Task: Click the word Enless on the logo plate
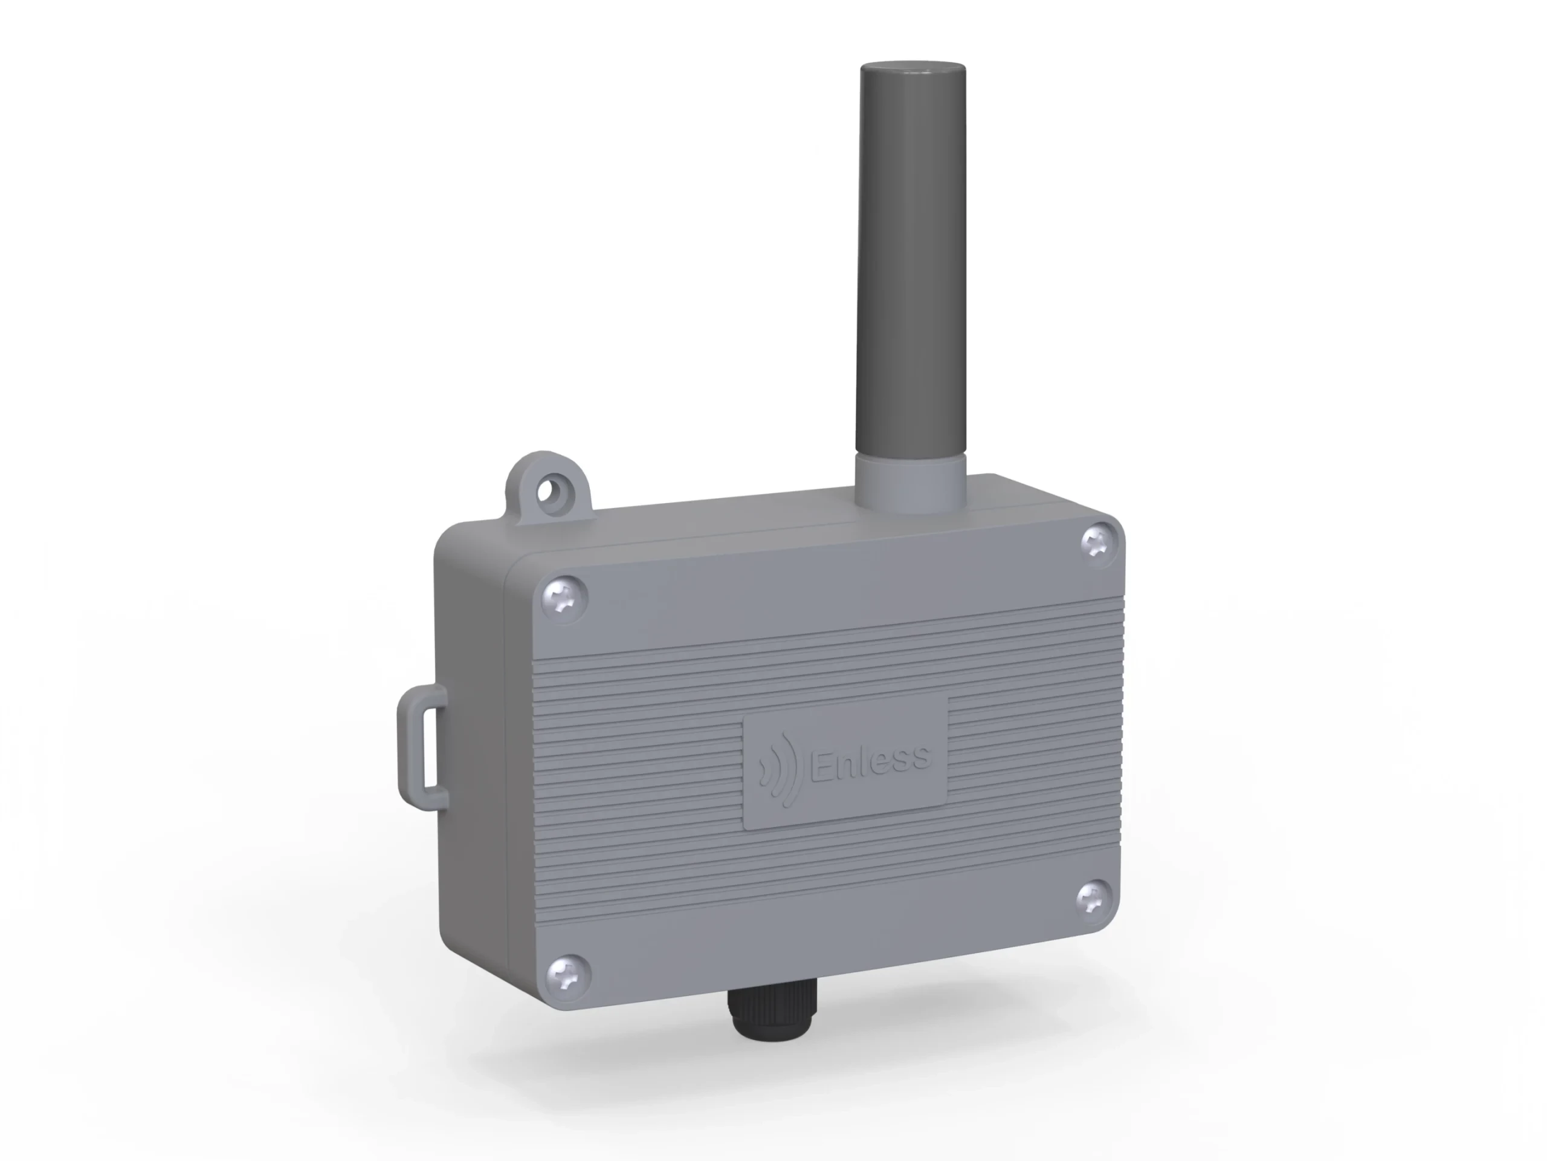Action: (x=870, y=759)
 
